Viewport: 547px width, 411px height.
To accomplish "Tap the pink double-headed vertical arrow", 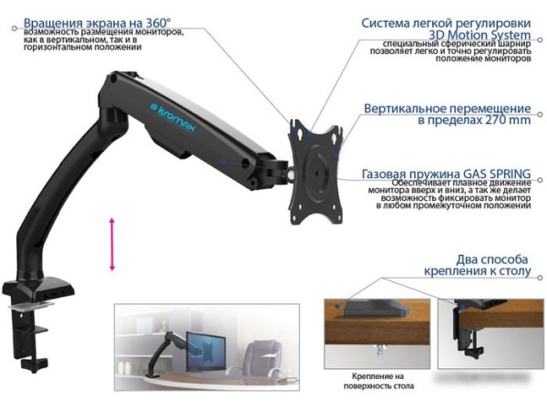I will [x=112, y=244].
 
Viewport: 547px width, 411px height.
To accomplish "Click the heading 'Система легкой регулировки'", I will [x=445, y=23].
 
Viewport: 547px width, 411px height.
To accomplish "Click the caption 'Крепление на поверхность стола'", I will [x=377, y=383].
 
